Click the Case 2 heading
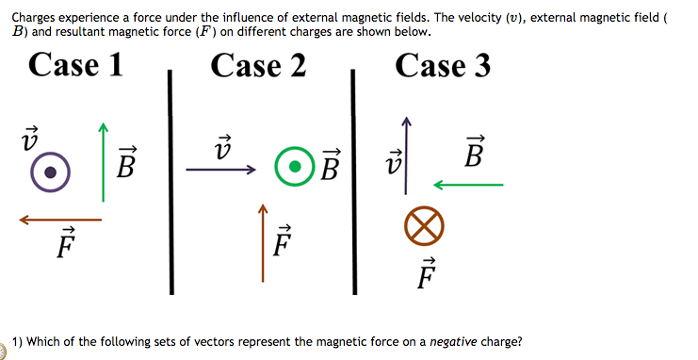258,65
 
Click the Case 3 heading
443,65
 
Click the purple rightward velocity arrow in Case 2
220,171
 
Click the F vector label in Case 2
282,242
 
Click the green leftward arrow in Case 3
468,185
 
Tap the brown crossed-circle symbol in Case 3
423,226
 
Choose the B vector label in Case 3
475,152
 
